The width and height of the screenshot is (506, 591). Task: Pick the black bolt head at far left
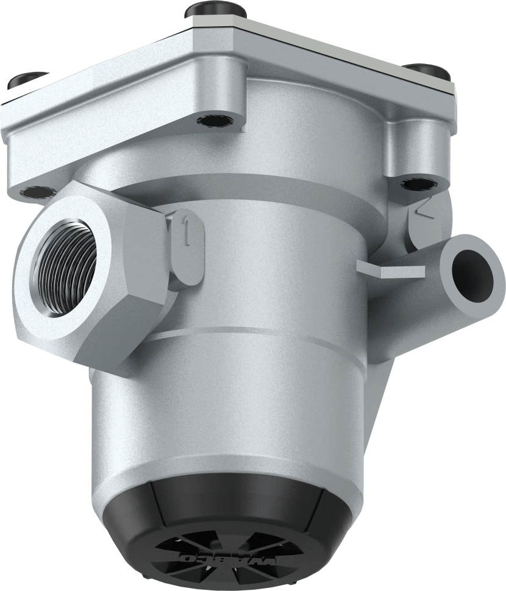point(27,80)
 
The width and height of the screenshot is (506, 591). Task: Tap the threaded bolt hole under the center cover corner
point(212,120)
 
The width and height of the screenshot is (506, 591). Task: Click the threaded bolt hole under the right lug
point(415,182)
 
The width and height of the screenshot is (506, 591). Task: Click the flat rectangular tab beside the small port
point(390,269)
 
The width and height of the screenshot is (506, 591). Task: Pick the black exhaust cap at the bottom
point(226,524)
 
